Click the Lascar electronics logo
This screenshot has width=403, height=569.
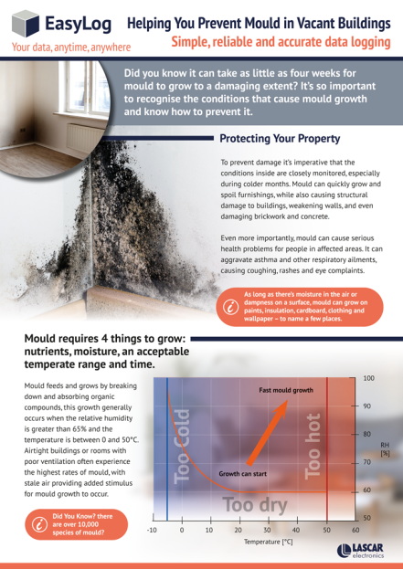pos(365,550)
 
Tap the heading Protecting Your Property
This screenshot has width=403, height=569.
pos(280,139)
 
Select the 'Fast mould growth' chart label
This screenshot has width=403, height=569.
pos(286,389)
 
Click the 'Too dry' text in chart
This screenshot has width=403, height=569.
pos(256,504)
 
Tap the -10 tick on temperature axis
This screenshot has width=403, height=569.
pos(153,530)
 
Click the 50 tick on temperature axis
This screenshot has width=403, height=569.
pos(326,530)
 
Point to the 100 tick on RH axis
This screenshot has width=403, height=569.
pos(368,377)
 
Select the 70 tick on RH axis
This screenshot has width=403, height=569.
pos(366,462)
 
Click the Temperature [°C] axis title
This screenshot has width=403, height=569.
pos(268,543)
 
